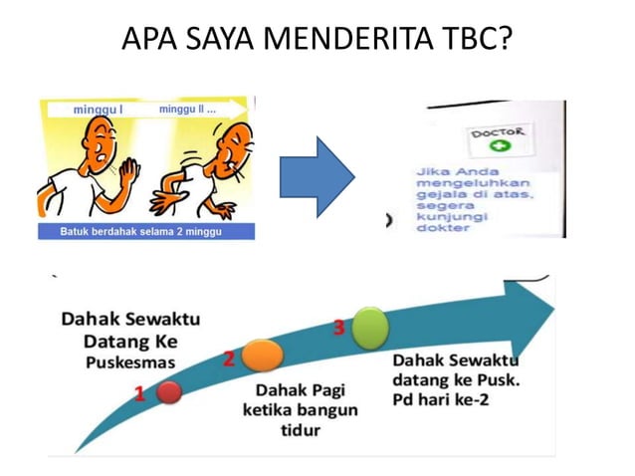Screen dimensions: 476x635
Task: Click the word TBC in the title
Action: (x=475, y=41)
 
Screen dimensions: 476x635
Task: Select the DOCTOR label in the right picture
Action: (x=500, y=131)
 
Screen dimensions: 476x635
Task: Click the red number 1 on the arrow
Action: (x=140, y=394)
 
